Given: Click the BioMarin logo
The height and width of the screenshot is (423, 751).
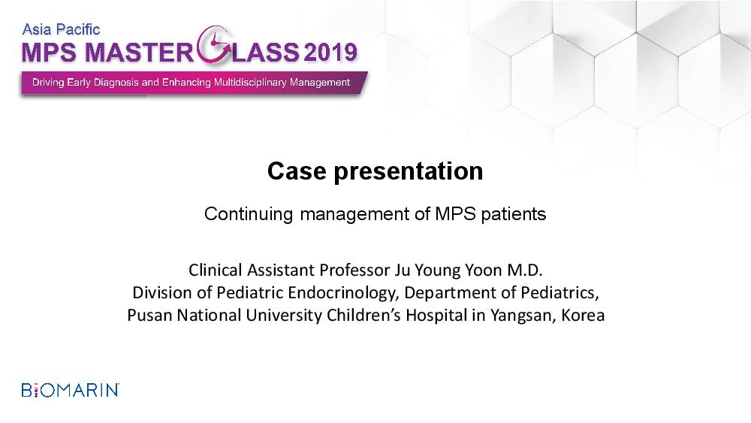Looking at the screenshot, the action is coord(71,390).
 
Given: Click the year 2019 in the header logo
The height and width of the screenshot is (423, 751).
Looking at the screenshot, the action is coord(330,52).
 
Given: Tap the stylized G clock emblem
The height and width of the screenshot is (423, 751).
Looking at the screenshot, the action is coord(215,44).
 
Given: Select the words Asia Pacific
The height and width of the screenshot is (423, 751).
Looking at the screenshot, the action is coord(61,30).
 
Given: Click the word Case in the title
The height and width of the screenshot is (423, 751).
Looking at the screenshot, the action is coord(297,171).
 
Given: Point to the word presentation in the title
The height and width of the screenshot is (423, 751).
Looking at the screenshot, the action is coord(408,172).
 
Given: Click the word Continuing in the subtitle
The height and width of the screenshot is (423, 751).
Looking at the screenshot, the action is coord(248,214).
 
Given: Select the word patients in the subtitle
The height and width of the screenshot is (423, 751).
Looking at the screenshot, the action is coord(514,214).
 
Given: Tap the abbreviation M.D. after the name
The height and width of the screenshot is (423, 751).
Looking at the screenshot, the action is coord(525,270).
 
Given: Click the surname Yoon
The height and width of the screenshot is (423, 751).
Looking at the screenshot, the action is coord(483,270).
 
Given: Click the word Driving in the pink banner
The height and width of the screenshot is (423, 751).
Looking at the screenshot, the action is coord(48,83).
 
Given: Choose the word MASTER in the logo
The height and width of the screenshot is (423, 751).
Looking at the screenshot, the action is coord(140,52).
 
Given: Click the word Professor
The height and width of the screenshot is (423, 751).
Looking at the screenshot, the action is coord(355,270).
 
